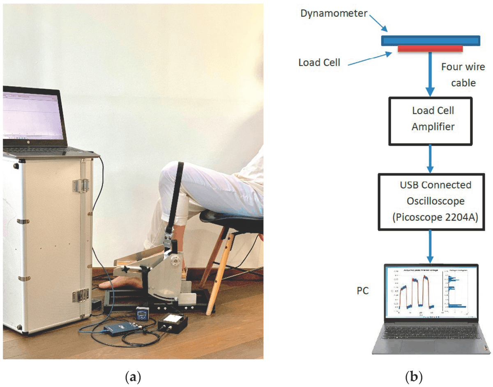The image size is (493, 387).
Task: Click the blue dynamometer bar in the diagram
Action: (430, 40)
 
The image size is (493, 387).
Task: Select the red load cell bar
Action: (430, 49)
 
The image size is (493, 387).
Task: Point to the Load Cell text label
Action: (319, 62)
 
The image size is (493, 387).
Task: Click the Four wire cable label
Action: (463, 74)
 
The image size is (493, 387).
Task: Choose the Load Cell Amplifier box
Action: (430, 121)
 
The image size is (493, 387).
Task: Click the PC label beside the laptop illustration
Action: (363, 291)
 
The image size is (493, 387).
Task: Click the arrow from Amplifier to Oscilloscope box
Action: (430, 158)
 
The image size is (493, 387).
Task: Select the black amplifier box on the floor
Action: (173, 322)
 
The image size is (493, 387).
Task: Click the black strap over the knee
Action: (178, 193)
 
